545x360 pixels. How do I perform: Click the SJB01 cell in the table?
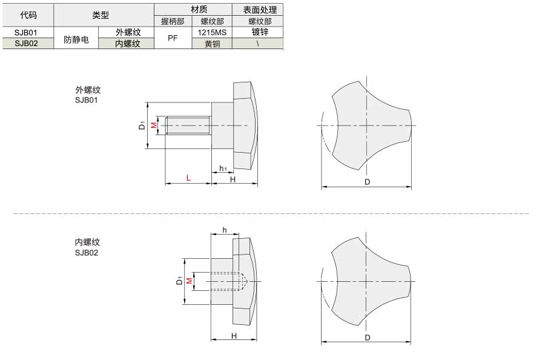coord(25,32)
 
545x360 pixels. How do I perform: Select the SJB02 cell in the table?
coord(26,44)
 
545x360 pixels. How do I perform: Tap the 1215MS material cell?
coord(212,32)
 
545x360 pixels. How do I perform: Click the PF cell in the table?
coord(173,38)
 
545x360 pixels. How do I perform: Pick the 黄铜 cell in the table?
coord(212,44)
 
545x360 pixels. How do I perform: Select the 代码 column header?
coord(28,15)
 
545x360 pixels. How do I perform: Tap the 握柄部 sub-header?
coord(173,21)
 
